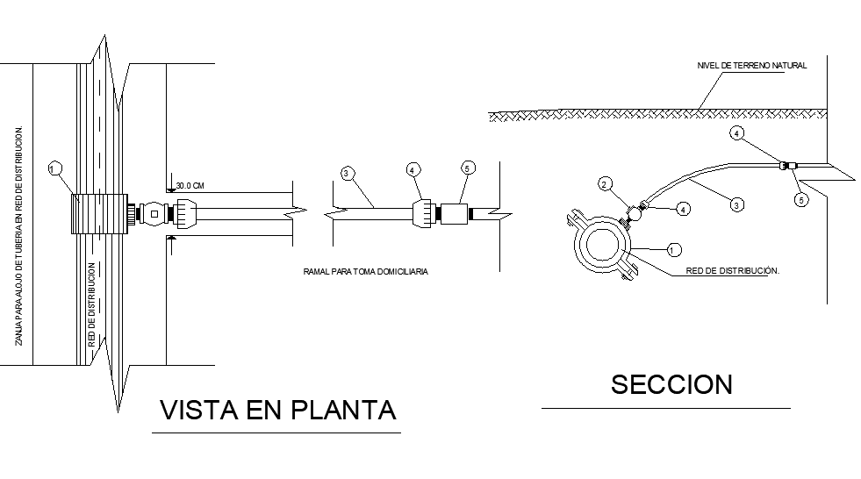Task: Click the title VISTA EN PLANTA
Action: [x=276, y=411]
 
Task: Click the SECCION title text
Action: [x=671, y=384]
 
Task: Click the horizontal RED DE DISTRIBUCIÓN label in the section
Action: [x=733, y=271]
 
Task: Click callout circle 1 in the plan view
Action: [x=55, y=168]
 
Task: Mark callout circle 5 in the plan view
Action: [x=467, y=168]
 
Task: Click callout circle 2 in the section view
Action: [x=605, y=183]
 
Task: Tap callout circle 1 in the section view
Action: [x=671, y=249]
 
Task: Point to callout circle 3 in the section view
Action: [x=738, y=204]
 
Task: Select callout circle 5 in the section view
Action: [x=800, y=199]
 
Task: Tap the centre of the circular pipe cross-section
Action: [x=603, y=247]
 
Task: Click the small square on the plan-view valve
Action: [x=154, y=213]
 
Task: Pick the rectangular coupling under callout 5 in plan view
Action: [x=455, y=214]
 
